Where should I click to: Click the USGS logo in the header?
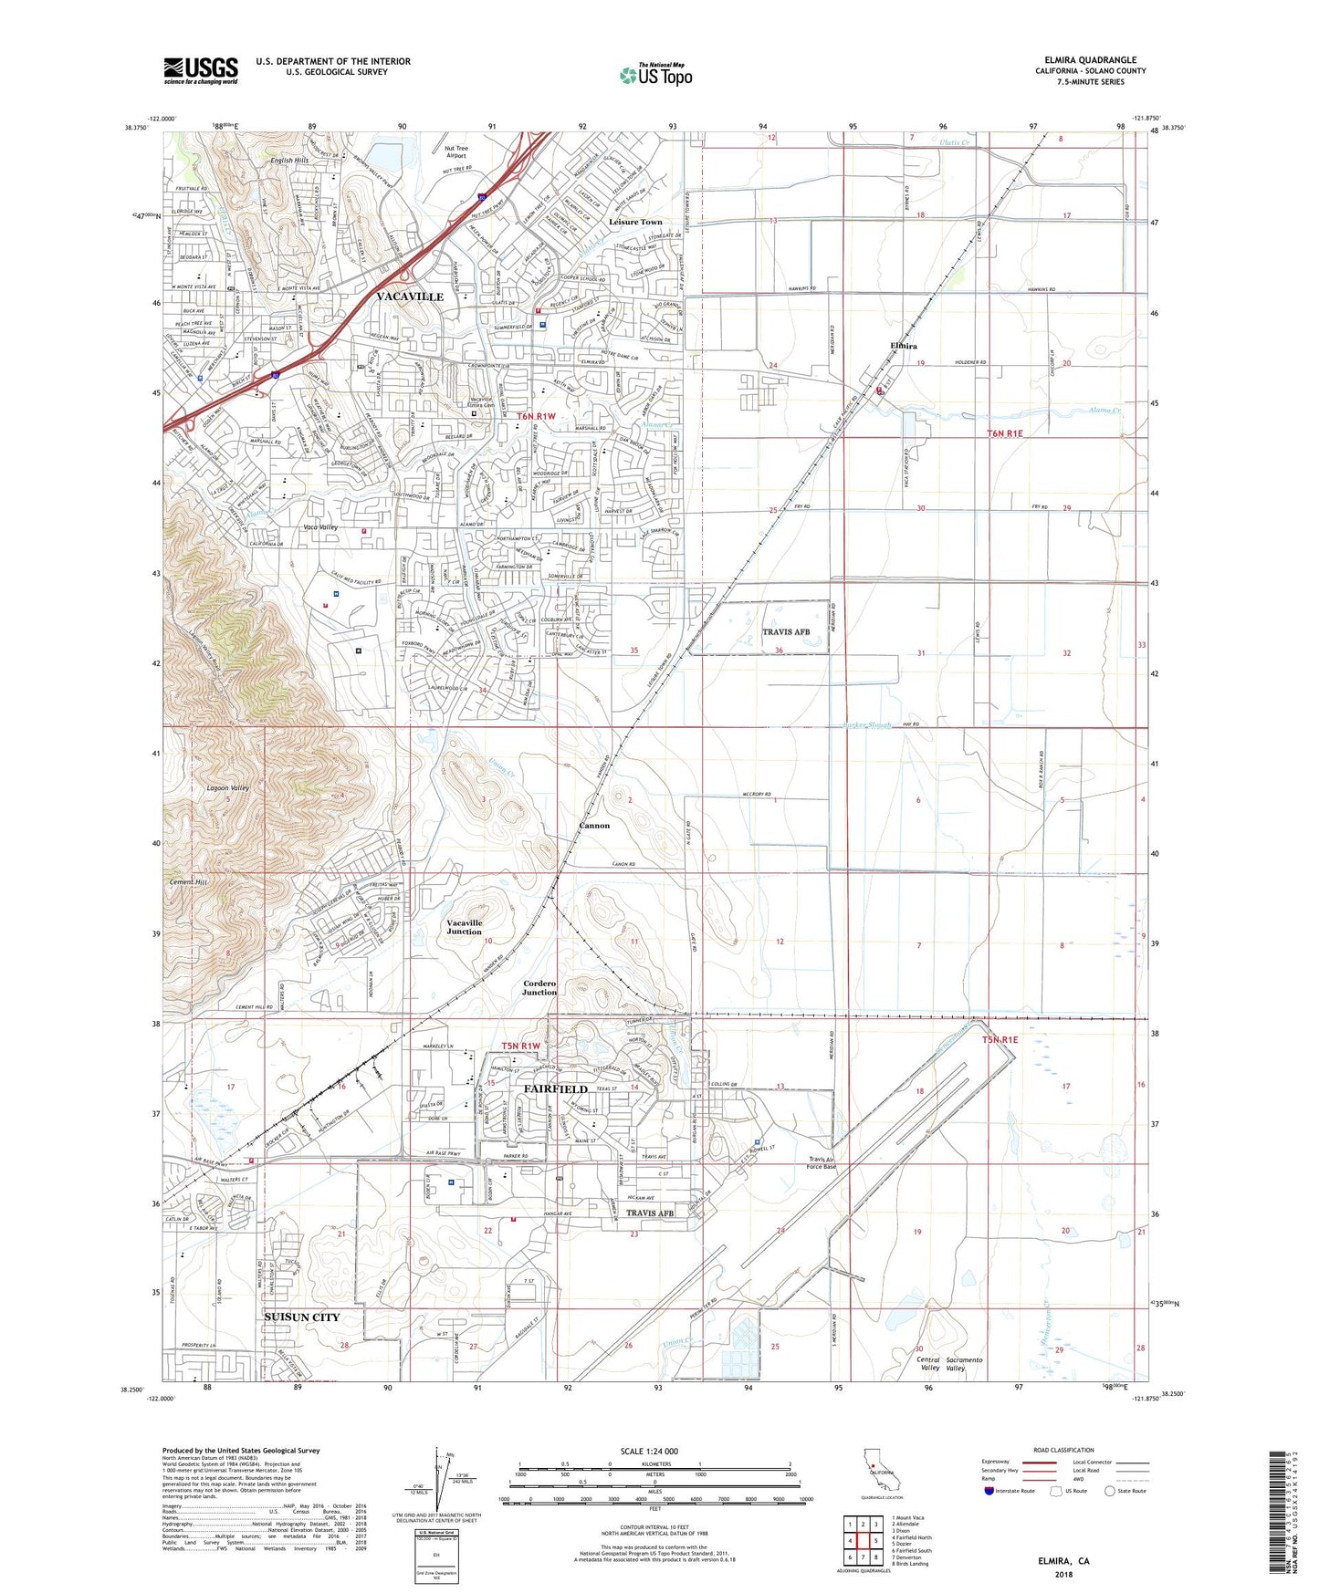point(201,69)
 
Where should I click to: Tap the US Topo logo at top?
point(655,75)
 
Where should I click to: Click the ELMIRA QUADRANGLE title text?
point(1091,60)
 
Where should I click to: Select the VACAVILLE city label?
point(410,297)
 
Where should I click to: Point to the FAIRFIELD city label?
point(555,1088)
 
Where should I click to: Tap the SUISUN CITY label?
point(301,1317)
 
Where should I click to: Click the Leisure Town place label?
point(637,222)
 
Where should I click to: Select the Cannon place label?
point(594,825)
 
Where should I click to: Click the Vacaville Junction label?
point(465,927)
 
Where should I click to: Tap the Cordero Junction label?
point(539,987)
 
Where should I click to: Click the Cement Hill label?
point(189,883)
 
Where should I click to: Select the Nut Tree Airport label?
point(455,151)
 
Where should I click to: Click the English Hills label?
point(289,160)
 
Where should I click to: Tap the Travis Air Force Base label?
point(822,1163)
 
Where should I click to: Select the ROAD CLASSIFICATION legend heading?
point(1063,1450)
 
